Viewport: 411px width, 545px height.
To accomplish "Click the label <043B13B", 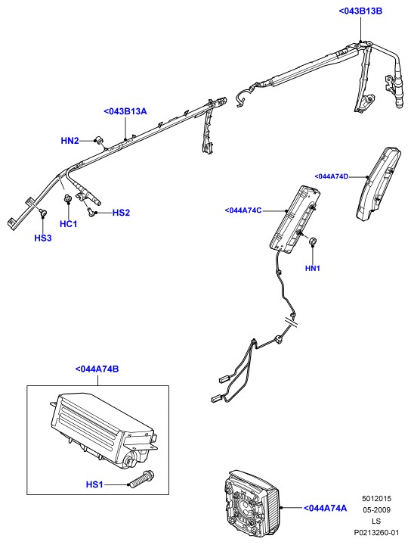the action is [x=360, y=11].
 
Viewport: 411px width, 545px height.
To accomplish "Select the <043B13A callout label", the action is [x=125, y=111].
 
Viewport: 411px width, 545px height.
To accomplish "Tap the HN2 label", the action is [x=70, y=141].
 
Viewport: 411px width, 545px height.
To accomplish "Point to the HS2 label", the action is [x=121, y=213].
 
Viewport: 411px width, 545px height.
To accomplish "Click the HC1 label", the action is [x=68, y=224].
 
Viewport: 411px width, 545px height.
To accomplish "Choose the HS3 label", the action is [x=42, y=238].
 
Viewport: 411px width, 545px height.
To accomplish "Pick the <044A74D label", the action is [x=331, y=176].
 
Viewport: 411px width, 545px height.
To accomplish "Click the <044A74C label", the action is [x=243, y=210].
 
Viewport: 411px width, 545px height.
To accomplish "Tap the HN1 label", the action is [x=313, y=268].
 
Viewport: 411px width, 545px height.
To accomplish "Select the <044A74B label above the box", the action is [x=97, y=369].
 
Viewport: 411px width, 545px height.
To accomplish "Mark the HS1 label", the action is [x=94, y=484].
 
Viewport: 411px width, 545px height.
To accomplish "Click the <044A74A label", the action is [x=325, y=508].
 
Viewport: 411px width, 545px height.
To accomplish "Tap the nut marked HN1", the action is [x=314, y=241].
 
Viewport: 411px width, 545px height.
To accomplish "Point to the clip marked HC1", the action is [x=67, y=199].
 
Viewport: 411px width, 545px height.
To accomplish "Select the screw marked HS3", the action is [x=43, y=212].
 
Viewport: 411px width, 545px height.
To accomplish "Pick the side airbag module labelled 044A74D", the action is [x=378, y=183].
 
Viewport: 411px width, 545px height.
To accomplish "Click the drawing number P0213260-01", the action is [x=376, y=532].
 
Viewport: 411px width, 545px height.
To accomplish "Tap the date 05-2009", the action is [x=376, y=510].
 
